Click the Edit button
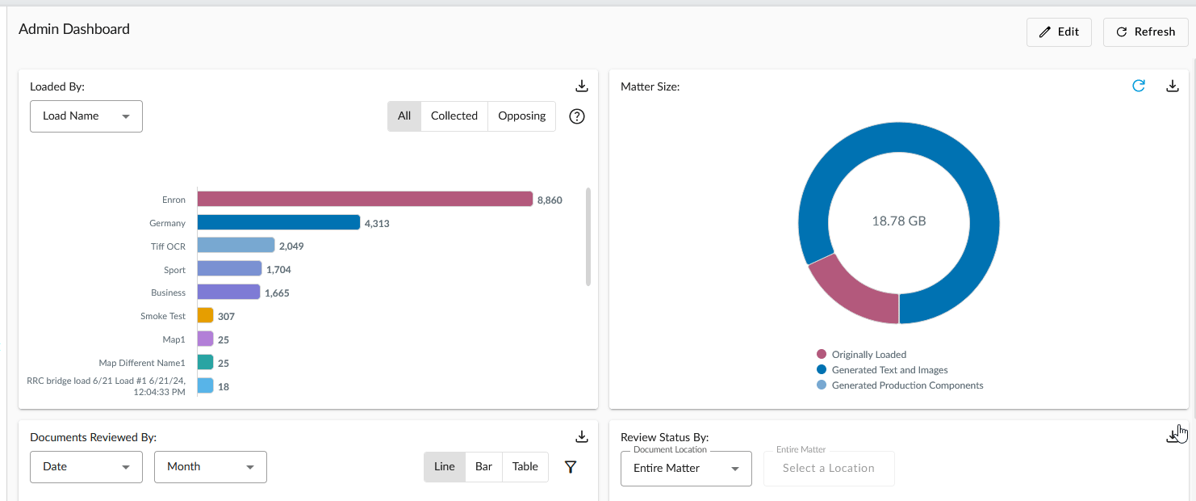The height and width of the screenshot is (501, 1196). [x=1059, y=32]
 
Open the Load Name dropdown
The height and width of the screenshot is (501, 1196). [x=86, y=116]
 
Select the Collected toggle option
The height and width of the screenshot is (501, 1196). [x=454, y=116]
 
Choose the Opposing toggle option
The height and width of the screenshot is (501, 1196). [x=521, y=116]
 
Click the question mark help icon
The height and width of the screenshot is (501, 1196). [x=576, y=116]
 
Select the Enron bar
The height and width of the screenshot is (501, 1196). [x=365, y=200]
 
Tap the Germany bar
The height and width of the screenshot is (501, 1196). [x=278, y=223]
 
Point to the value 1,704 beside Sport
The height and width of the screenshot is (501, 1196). [x=278, y=270]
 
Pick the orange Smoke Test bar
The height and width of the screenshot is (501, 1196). [x=205, y=316]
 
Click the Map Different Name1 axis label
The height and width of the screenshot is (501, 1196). [x=142, y=363]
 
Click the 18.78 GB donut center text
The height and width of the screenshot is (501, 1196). [x=899, y=221]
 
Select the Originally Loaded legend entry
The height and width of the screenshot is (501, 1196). [x=868, y=355]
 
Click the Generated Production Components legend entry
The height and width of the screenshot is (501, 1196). [x=907, y=385]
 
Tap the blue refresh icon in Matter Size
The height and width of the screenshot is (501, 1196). [x=1138, y=86]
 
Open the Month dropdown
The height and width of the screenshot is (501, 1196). [x=211, y=467]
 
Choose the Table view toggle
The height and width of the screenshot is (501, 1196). [x=525, y=467]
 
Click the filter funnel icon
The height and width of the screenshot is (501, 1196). [x=571, y=467]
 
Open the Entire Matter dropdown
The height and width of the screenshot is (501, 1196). [x=686, y=469]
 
